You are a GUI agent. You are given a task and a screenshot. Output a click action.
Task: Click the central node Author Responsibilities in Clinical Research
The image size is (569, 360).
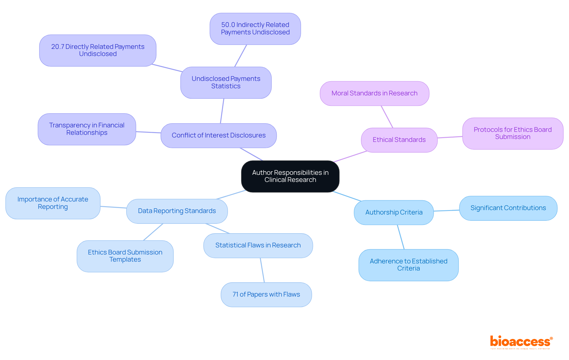point(290,176)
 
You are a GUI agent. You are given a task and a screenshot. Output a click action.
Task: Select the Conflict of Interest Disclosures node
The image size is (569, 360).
point(218,135)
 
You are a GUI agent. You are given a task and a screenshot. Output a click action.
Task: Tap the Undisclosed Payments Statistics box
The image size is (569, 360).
point(226,82)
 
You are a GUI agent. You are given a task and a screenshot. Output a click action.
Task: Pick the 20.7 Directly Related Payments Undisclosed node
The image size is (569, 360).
point(98,50)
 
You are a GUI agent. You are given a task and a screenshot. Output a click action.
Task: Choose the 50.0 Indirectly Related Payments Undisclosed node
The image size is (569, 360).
point(255,29)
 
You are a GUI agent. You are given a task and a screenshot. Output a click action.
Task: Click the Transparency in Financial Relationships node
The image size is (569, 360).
point(87,129)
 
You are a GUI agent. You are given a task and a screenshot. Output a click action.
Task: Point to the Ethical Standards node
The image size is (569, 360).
point(399,140)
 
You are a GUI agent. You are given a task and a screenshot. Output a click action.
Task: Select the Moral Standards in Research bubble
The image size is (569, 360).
point(374,93)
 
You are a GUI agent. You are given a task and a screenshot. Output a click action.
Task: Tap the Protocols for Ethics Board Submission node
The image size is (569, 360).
point(512,133)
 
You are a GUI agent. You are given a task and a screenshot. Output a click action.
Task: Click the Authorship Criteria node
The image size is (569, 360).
point(394,212)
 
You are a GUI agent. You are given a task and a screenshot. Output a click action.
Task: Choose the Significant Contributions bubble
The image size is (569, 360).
point(508,208)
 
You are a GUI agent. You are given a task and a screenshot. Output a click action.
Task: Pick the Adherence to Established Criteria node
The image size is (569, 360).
point(408,265)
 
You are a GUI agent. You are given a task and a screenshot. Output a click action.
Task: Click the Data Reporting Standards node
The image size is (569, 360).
point(177,211)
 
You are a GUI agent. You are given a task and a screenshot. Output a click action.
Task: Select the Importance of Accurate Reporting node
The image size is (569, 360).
point(53,203)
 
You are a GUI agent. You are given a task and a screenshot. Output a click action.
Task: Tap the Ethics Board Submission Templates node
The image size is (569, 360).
point(125,256)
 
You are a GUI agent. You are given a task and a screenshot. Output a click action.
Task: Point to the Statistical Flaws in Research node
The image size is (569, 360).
point(258,245)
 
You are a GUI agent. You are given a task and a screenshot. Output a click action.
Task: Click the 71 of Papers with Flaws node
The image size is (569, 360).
point(266,295)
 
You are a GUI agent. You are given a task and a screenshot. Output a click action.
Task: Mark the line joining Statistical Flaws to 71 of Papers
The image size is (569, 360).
point(262,270)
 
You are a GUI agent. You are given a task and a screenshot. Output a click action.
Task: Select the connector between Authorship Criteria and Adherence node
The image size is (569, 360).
point(401,237)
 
